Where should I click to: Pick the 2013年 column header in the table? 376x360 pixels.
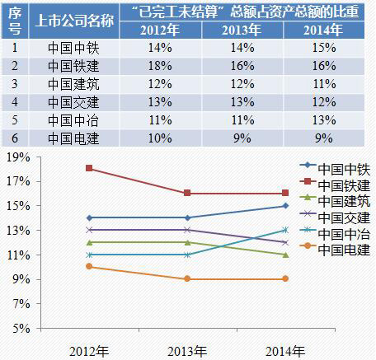point(242,31)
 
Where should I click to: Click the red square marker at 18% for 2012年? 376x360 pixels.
point(89,169)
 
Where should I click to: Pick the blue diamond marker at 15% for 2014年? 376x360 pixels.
point(284,206)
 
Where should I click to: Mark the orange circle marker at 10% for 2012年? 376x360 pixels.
point(89,267)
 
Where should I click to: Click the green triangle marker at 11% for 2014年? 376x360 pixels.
point(284,255)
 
